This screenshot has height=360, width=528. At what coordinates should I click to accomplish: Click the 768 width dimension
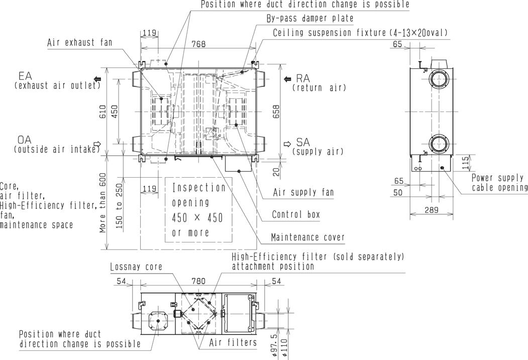point(198,44)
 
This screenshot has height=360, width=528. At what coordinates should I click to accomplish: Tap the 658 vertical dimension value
point(276,112)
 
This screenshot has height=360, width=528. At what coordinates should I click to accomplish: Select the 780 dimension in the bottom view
point(198,281)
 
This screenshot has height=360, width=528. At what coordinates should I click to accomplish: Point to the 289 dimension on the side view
point(432,210)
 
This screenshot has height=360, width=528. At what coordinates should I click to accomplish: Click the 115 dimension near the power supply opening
point(465,163)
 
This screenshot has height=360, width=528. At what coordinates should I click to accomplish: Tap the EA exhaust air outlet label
point(57,80)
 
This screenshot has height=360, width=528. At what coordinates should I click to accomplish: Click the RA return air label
point(319,83)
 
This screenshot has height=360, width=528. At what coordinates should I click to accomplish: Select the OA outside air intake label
point(57,144)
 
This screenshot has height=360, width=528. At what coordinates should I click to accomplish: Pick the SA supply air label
point(318,147)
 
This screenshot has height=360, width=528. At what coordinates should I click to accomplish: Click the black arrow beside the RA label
point(287,79)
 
